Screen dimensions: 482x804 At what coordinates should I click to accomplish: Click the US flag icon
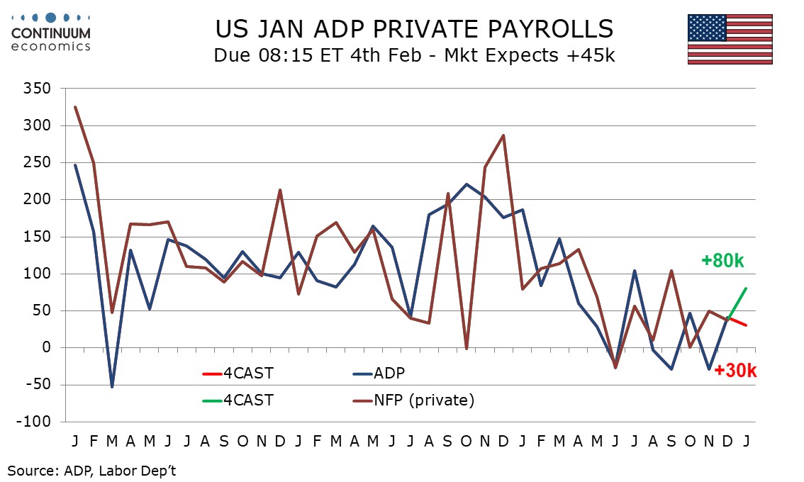[x=730, y=40]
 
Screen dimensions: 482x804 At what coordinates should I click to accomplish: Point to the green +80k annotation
[x=722, y=262]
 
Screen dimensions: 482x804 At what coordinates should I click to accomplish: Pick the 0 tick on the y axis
[x=46, y=348]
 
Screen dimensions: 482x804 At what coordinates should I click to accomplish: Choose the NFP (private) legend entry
[x=414, y=400]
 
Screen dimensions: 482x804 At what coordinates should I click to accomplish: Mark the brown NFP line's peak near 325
[x=75, y=107]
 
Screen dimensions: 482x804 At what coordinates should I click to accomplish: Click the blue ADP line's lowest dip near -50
[x=112, y=386]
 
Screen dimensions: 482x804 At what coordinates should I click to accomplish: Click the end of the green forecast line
[x=747, y=288]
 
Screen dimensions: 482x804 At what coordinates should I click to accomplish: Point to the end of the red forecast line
[x=747, y=325]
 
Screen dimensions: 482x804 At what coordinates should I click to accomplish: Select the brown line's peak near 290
[x=503, y=135]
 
